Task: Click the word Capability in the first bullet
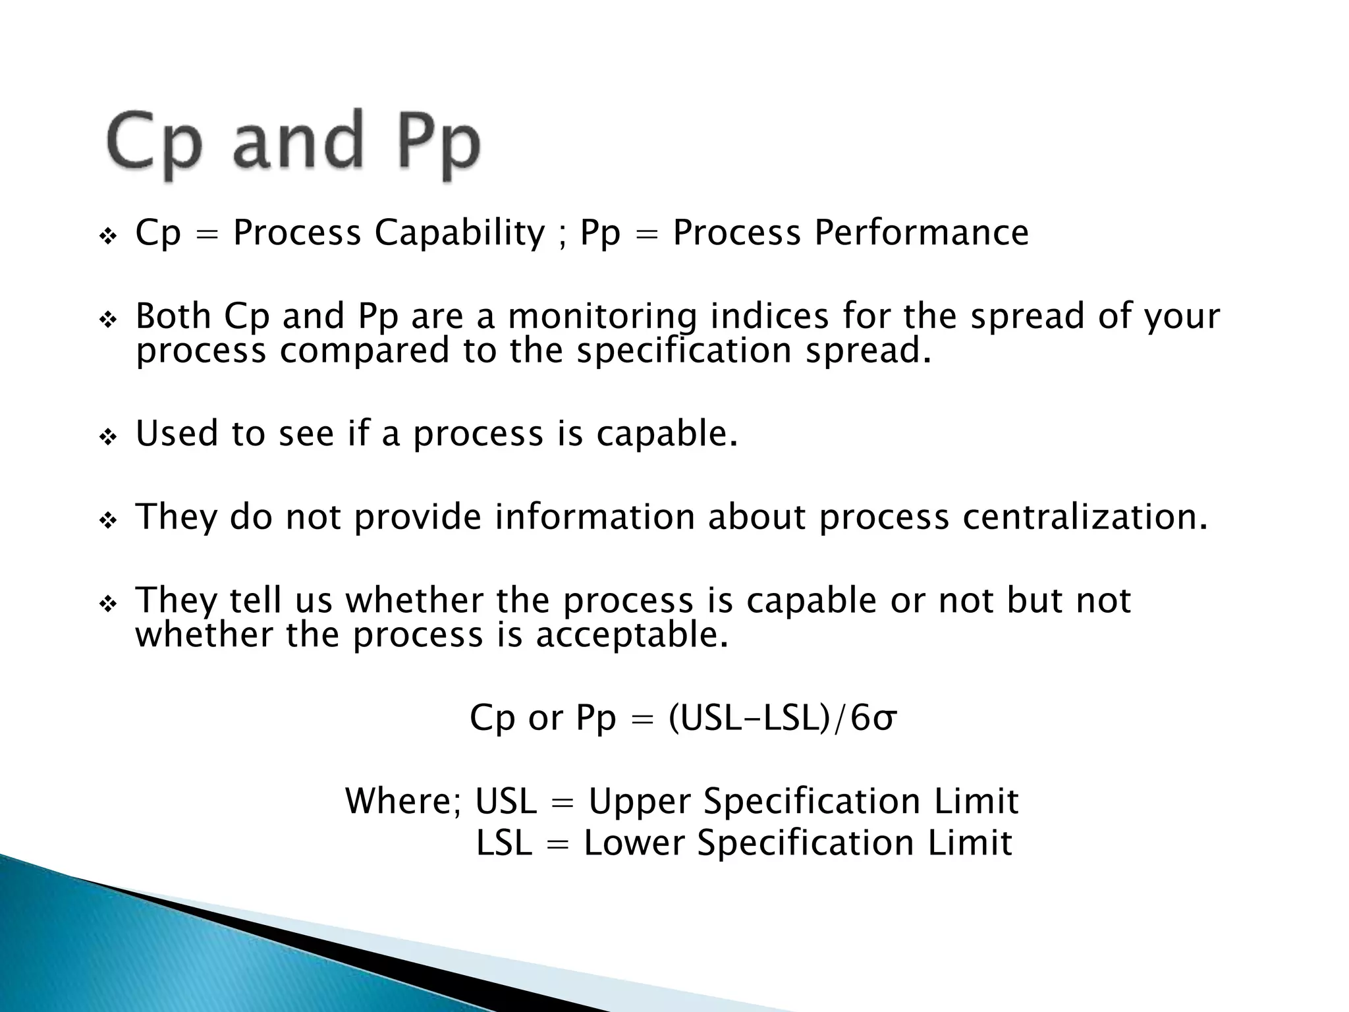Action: [x=460, y=233]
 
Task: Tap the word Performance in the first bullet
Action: [x=921, y=233]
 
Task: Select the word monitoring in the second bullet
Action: [x=602, y=316]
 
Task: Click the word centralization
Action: [x=1086, y=517]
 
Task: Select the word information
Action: [x=595, y=517]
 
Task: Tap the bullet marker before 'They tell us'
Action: [x=107, y=604]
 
